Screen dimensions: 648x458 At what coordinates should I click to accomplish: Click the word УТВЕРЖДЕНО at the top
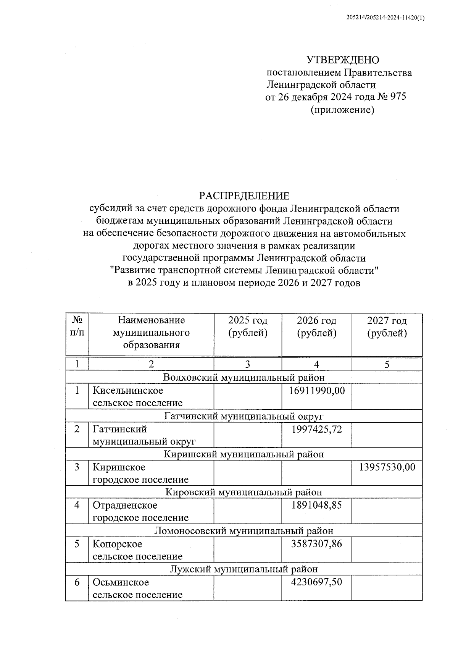click(343, 60)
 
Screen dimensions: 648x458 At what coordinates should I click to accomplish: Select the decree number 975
click(398, 97)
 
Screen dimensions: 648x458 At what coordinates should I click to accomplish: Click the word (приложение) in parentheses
click(342, 110)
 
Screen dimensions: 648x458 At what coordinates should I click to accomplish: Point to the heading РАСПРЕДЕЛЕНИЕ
click(244, 196)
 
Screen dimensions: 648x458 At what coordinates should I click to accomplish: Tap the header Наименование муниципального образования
click(151, 333)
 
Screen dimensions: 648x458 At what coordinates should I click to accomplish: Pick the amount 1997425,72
click(317, 429)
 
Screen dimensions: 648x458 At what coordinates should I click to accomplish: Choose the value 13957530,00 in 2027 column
click(387, 467)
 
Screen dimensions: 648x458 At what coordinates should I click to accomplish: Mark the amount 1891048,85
click(317, 505)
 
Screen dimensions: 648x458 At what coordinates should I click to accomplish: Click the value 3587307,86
click(317, 544)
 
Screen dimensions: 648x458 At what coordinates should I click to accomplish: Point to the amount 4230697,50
click(317, 582)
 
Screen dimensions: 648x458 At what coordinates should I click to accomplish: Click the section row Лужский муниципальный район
click(244, 569)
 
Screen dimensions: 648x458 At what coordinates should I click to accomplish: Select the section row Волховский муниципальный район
click(244, 378)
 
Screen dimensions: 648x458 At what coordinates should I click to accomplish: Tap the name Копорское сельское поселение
click(137, 550)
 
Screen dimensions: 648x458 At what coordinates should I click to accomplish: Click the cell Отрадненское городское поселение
click(140, 511)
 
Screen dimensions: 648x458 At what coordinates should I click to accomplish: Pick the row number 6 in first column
click(77, 583)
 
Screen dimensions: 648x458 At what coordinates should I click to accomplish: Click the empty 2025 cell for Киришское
click(248, 473)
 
